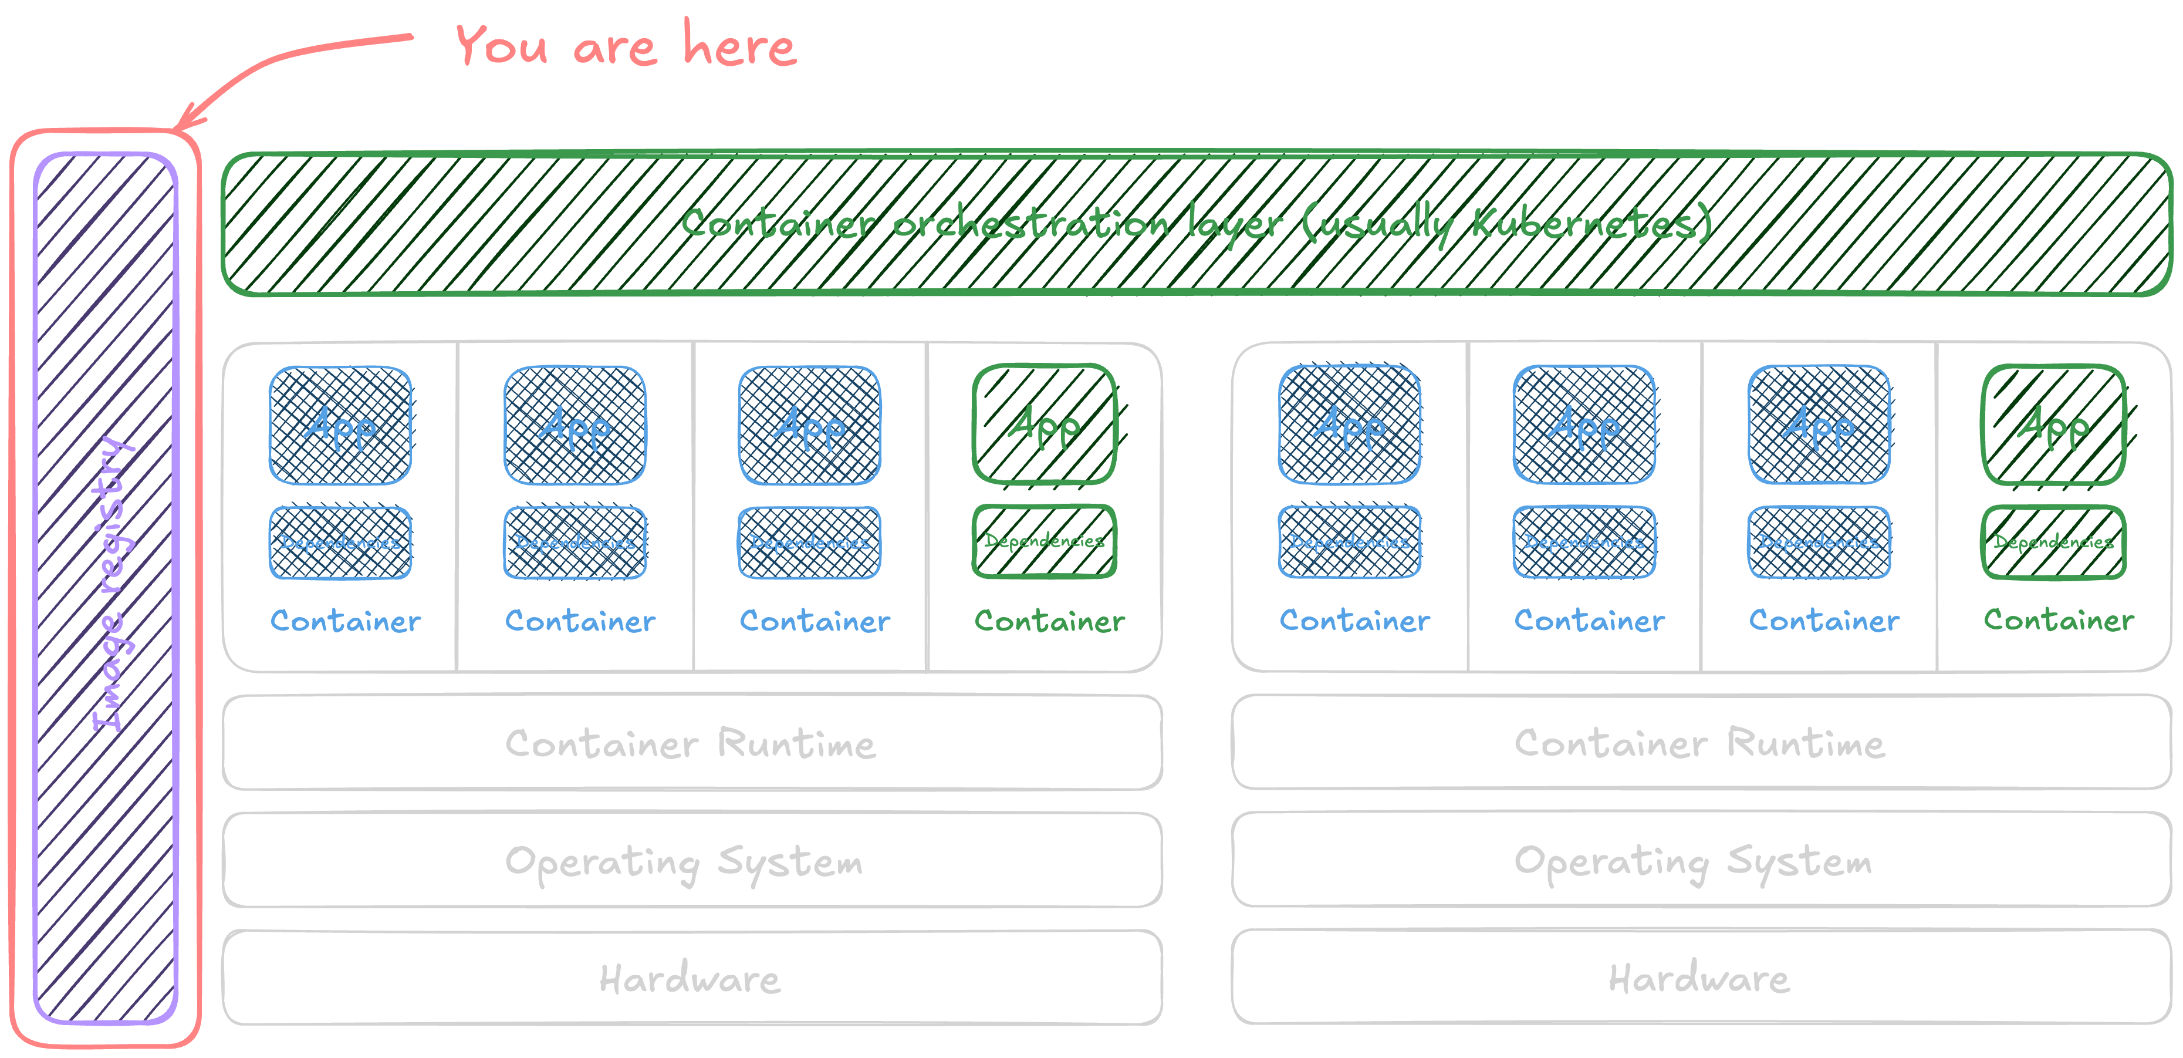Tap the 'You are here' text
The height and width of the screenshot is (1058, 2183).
[x=626, y=46]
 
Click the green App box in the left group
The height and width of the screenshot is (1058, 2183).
[x=1044, y=424]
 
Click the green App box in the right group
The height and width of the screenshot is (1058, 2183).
[x=2053, y=424]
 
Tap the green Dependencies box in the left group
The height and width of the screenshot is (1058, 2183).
[x=1044, y=541]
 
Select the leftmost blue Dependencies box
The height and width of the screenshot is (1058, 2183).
[x=340, y=543]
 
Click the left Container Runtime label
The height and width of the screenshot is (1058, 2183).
[x=691, y=743]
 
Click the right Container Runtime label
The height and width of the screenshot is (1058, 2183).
[x=1700, y=743]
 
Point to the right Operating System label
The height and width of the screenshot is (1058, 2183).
[x=1693, y=861]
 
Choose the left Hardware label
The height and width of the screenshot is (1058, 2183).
[x=690, y=979]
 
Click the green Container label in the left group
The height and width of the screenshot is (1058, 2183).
[x=1049, y=621]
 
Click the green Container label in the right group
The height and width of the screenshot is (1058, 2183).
[x=2059, y=621]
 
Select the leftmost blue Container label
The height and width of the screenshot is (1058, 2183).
[x=345, y=621]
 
